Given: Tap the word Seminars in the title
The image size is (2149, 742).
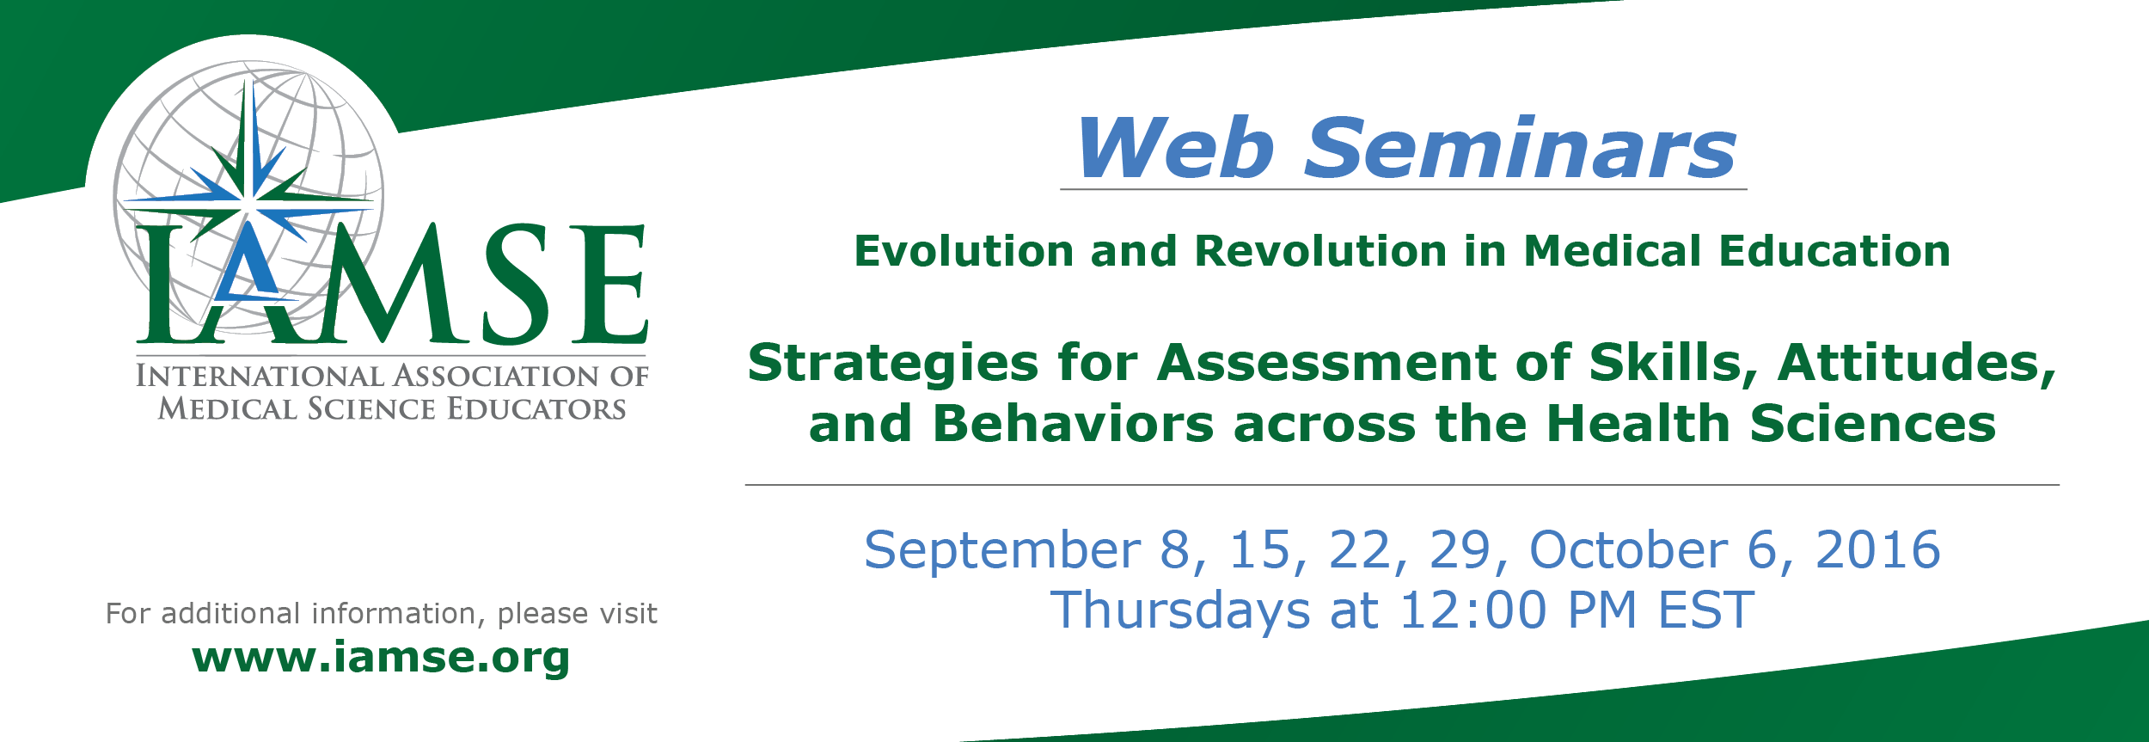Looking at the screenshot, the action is click(1521, 148).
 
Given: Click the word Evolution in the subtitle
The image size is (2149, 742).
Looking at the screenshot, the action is click(964, 251).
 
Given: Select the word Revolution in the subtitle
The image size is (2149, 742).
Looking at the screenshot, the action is click(1321, 251).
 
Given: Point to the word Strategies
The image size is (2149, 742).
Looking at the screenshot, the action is click(892, 364).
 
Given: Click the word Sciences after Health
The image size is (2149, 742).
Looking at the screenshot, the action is click(1872, 424).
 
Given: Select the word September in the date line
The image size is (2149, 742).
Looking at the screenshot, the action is click(1002, 551).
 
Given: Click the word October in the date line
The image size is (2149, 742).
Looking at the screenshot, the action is click(1628, 549).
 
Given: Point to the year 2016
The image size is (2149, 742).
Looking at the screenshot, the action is click(1877, 549).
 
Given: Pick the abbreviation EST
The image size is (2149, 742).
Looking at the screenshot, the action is click(1705, 610).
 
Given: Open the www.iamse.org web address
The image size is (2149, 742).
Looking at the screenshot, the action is click(381, 659).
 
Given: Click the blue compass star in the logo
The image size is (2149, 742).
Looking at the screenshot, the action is click(250, 199).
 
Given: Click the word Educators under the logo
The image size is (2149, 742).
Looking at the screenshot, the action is click(536, 409).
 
